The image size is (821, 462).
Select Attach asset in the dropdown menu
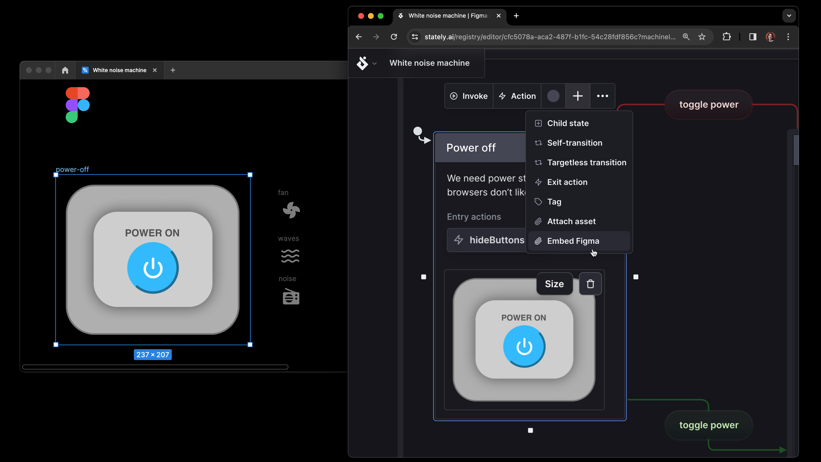pos(571,221)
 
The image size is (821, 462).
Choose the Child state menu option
pos(568,123)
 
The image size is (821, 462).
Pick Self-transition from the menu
pos(574,143)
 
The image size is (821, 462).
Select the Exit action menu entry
pos(567,182)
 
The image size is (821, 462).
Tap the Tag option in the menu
pos(554,202)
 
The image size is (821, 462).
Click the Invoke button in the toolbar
pos(469,96)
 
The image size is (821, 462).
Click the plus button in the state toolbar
pos(578,96)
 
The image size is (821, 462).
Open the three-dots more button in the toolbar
pos(602,96)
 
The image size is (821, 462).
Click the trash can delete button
pos(590,284)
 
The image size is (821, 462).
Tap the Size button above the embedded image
pos(554,284)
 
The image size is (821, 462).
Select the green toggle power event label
pos(709,425)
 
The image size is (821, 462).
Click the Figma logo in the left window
pos(77,105)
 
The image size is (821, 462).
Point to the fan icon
pos(291,210)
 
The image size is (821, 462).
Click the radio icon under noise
pos(291,296)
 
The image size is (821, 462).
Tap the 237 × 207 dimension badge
pos(153,355)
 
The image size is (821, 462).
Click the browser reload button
pos(394,37)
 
